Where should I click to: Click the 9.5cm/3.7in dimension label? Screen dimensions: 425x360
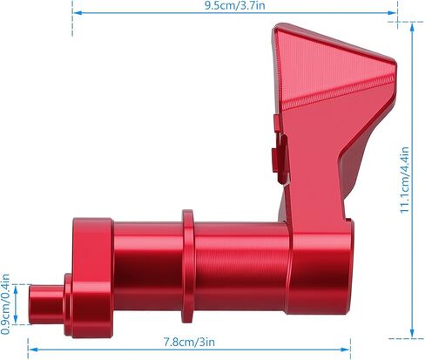click(234, 6)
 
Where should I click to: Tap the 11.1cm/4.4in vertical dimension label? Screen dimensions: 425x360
click(404, 180)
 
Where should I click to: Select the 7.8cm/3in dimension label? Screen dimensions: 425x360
click(189, 342)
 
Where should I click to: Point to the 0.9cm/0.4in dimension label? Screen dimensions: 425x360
click(5, 304)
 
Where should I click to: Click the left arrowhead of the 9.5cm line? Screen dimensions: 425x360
click(77, 13)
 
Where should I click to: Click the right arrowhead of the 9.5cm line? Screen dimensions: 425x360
click(393, 13)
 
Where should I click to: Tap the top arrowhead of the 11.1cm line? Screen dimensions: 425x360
click(412, 27)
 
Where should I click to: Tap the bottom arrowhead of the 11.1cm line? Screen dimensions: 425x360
click(412, 333)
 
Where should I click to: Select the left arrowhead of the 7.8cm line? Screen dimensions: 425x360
click(33, 350)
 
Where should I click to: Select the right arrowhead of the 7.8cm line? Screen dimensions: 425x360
click(345, 350)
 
